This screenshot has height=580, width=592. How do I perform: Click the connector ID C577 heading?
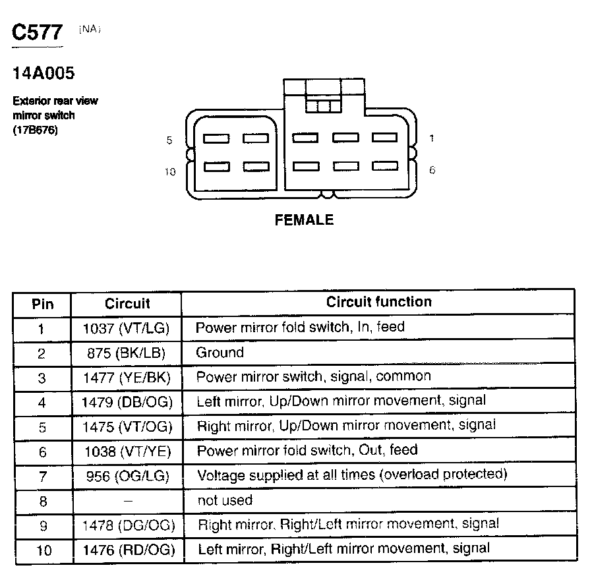[38, 34]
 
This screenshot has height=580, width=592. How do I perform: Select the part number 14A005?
[43, 73]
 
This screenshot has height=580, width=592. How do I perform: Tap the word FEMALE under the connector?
[304, 220]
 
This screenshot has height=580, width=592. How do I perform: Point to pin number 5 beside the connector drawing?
[169, 140]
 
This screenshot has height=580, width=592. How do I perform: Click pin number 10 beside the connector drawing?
[170, 171]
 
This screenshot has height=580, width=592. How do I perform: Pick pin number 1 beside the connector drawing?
[432, 138]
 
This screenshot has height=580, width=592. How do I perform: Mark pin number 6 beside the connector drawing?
[432, 169]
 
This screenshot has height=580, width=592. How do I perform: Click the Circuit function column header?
[379, 303]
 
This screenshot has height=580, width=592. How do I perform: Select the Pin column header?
[42, 304]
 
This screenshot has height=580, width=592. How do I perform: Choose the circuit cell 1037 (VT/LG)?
[127, 328]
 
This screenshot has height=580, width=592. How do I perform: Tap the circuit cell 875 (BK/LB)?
[126, 353]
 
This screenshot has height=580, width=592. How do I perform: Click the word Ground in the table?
[220, 353]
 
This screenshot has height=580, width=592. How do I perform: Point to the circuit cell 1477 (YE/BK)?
[127, 378]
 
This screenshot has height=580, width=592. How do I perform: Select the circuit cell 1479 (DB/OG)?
[127, 402]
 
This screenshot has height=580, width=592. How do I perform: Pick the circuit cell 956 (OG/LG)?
[127, 475]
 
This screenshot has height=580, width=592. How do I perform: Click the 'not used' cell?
[225, 500]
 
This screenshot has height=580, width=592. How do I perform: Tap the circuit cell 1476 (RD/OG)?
[127, 549]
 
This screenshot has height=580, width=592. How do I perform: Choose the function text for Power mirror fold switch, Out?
[307, 451]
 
